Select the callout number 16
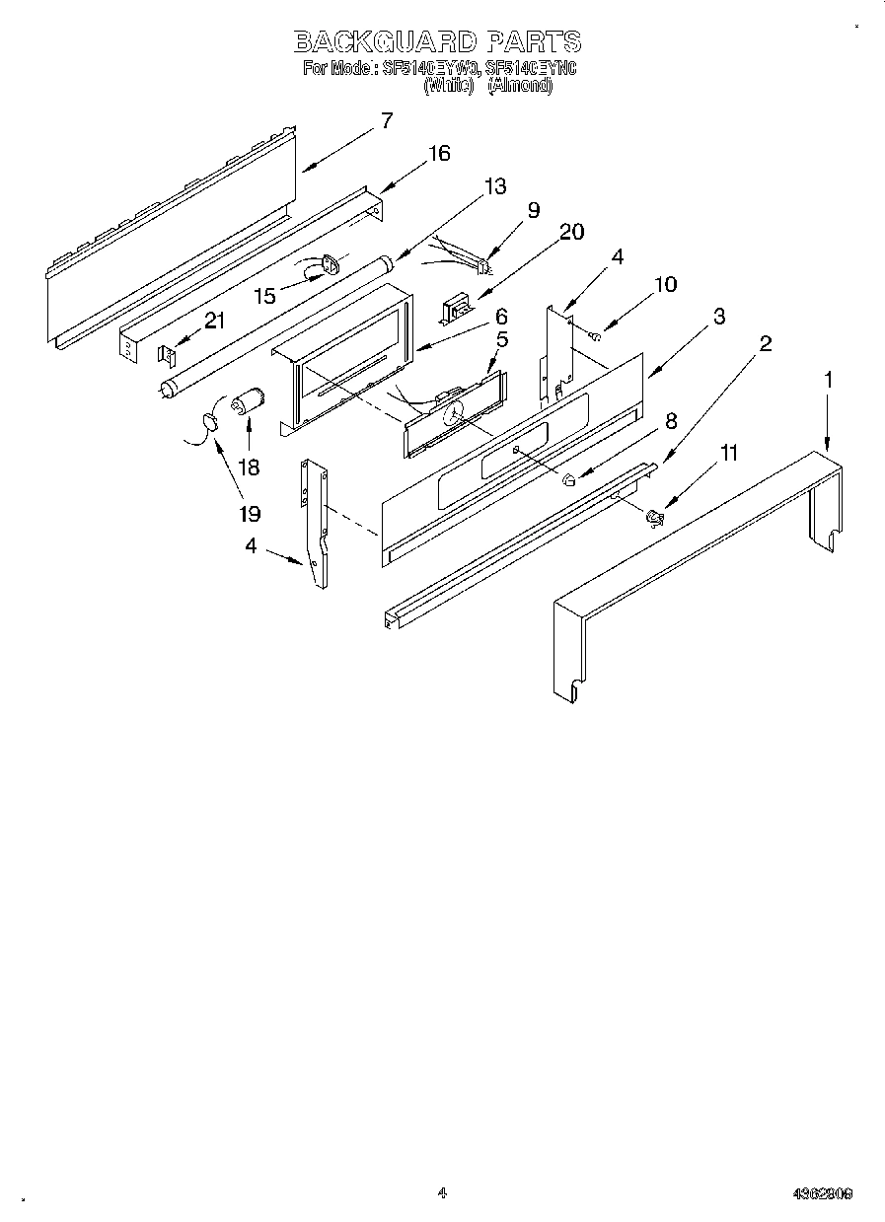tap(438, 153)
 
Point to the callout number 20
tap(571, 232)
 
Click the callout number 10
tap(665, 284)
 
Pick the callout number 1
tap(829, 378)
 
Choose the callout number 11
tap(729, 454)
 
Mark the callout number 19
tap(249, 514)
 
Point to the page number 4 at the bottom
tap(442, 1192)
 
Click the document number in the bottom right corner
tap(822, 1193)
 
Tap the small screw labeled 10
tap(596, 337)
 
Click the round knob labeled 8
tap(568, 480)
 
